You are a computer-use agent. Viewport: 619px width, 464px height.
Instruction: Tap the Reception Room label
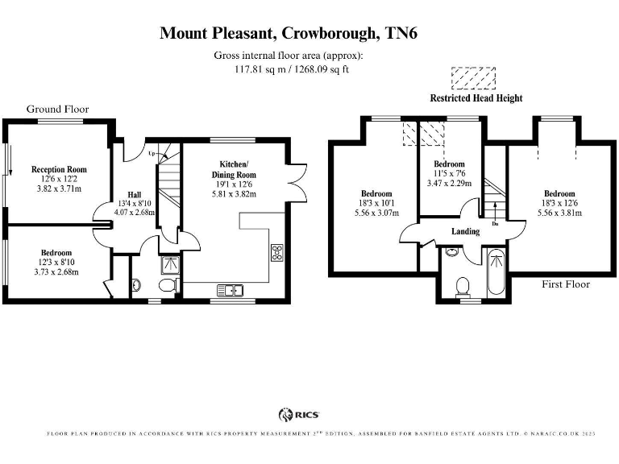pyautogui.click(x=59, y=169)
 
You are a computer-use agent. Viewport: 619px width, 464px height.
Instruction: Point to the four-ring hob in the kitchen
pyautogui.click(x=277, y=253)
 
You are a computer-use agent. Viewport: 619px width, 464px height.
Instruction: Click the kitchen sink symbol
pyautogui.click(x=230, y=289)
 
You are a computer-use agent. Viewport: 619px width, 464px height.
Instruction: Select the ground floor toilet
pyautogui.click(x=168, y=286)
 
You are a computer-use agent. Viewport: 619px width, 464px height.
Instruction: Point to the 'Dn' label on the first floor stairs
pyautogui.click(x=494, y=223)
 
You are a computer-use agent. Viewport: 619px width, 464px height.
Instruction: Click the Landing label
pyautogui.click(x=465, y=231)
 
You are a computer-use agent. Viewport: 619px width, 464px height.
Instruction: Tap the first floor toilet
pyautogui.click(x=463, y=286)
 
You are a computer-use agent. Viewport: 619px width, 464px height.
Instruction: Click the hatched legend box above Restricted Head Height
pyautogui.click(x=474, y=80)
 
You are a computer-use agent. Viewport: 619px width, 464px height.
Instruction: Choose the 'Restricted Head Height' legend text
pyautogui.click(x=475, y=98)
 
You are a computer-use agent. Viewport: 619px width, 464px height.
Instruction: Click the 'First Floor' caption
pyautogui.click(x=566, y=284)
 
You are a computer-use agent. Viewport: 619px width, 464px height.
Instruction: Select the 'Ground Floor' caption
pyautogui.click(x=57, y=109)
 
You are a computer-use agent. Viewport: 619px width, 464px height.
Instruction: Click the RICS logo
pyautogui.click(x=299, y=414)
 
